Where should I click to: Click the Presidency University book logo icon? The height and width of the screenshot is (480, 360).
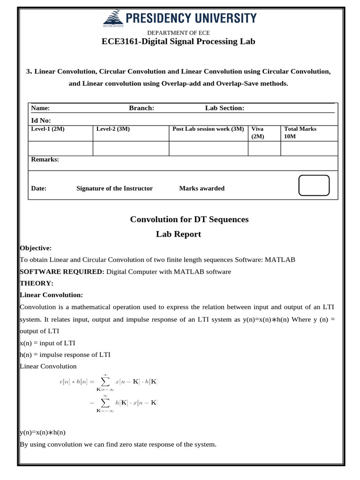pos(111,19)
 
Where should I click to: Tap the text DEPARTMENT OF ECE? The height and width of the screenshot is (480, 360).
pos(179,32)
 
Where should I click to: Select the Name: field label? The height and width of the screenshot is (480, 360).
pos(40,108)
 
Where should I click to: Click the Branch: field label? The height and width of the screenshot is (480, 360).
pos(142,108)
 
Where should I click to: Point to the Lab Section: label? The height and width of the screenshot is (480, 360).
pos(225,108)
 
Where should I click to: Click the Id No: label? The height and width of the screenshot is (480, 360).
pos(41,120)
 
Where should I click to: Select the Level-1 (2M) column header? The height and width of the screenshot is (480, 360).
pos(47,129)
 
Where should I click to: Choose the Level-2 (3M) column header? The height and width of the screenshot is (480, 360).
pos(113,129)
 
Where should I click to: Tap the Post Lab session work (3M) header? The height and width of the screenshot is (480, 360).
pos(208,129)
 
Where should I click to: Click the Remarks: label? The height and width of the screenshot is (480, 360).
pos(45,159)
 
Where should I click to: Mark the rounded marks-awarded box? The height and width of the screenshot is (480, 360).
pos(314,185)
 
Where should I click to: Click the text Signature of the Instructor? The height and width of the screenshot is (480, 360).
pos(114,188)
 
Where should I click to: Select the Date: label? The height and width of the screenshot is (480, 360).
pos(38,188)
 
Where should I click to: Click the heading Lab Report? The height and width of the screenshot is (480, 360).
pos(179,234)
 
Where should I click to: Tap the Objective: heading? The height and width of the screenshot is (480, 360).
pos(36,248)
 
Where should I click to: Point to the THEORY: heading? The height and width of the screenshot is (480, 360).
pos(37,283)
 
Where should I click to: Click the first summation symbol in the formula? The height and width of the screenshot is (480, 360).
pos(105,381)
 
